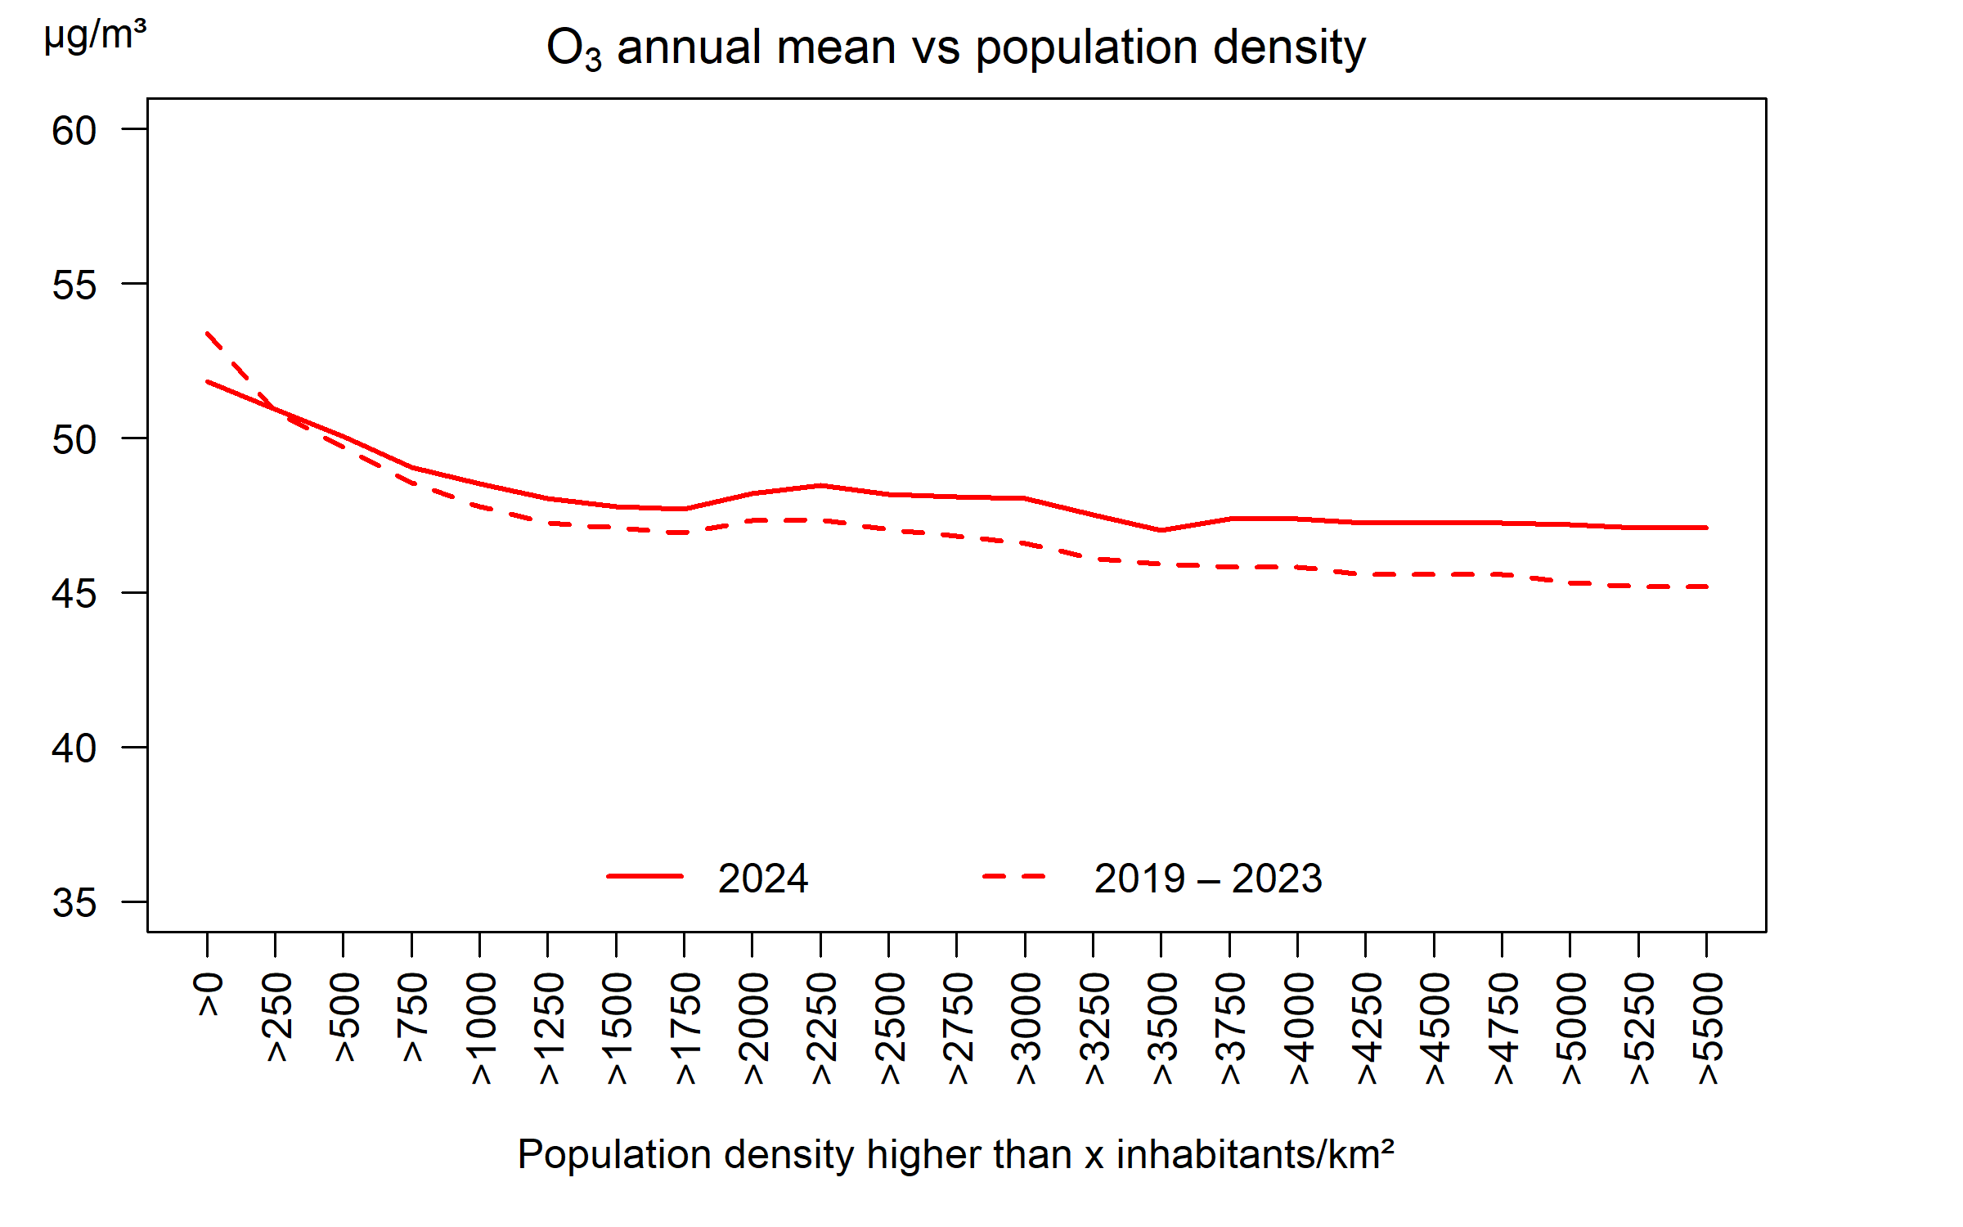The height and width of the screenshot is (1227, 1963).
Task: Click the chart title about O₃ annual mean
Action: [955, 47]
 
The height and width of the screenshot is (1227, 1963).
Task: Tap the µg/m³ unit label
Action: [95, 34]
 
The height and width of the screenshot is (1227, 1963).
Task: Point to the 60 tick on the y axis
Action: [74, 131]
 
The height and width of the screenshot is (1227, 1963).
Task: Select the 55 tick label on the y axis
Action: [74, 285]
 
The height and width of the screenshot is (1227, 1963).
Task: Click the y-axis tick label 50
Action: [74, 440]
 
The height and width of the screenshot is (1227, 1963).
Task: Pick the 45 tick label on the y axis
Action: [74, 594]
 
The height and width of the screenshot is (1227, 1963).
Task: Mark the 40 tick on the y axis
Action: [74, 748]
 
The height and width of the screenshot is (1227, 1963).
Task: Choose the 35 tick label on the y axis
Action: [74, 903]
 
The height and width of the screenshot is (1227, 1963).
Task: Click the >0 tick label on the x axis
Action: [209, 995]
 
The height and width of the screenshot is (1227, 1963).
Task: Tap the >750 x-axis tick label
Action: [414, 1017]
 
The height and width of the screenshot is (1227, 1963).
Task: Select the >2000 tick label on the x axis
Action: [754, 1028]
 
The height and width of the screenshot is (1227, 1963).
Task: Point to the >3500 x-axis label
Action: [1163, 1028]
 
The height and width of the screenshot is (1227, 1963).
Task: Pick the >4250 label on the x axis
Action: [1368, 1028]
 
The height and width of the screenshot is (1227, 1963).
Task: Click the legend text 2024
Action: [762, 879]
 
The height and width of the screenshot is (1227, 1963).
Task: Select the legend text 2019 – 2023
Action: [1207, 879]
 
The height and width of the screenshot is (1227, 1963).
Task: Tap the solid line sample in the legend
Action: [645, 876]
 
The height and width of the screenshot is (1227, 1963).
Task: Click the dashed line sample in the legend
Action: [1014, 876]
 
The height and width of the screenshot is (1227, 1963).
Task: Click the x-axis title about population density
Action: [955, 1155]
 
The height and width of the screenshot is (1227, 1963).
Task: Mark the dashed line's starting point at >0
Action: [208, 333]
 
